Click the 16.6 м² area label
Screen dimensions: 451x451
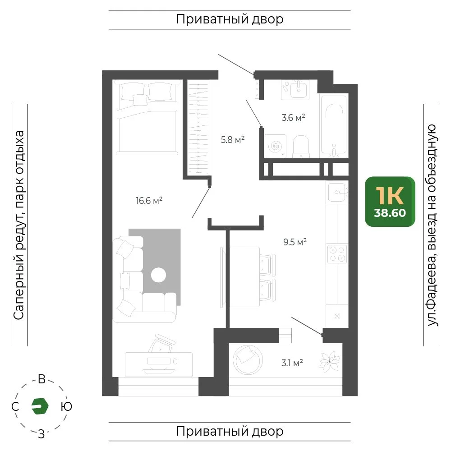pyautogui.click(x=149, y=200)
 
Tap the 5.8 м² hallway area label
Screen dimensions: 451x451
pyautogui.click(x=233, y=139)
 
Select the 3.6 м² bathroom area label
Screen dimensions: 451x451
pyautogui.click(x=293, y=117)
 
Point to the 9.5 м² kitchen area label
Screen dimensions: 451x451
pyautogui.click(x=295, y=242)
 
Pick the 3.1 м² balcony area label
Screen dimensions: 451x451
pyautogui.click(x=292, y=363)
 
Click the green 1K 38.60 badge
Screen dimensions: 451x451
pyautogui.click(x=390, y=201)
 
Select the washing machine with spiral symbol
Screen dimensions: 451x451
pyautogui.click(x=275, y=146)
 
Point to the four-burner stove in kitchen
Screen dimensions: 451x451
pyautogui.click(x=337, y=254)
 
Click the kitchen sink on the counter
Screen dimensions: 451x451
pyautogui.click(x=337, y=193)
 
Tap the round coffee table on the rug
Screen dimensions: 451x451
pyautogui.click(x=158, y=275)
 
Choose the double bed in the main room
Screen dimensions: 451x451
pyautogui.click(x=147, y=117)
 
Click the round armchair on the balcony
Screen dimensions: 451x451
pyautogui.click(x=248, y=359)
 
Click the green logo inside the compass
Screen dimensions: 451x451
pyautogui.click(x=40, y=406)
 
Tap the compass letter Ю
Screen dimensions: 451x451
pyautogui.click(x=66, y=406)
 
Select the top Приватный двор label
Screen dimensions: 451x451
pyautogui.click(x=230, y=19)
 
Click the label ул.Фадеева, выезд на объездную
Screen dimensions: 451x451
pyautogui.click(x=432, y=225)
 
